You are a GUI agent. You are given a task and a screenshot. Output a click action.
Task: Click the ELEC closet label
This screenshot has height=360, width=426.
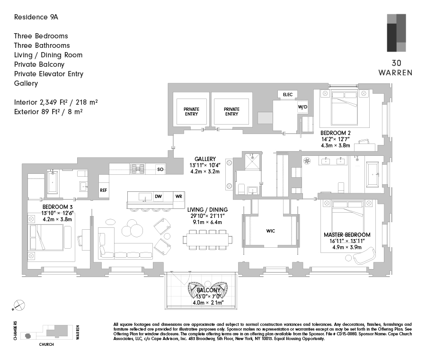(x=288, y=95)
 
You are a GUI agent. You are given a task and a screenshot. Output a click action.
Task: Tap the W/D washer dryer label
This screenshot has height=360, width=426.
(x=302, y=107)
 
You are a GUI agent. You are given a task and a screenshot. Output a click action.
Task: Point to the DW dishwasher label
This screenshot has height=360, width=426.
(x=158, y=196)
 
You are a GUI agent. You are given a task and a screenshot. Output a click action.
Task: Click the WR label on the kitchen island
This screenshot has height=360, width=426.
(x=179, y=196)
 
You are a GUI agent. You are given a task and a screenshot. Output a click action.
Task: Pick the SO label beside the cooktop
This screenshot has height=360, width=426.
(x=160, y=169)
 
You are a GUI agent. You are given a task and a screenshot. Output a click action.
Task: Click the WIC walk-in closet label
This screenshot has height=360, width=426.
(x=271, y=231)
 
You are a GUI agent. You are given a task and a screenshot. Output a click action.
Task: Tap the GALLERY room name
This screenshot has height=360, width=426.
(x=205, y=159)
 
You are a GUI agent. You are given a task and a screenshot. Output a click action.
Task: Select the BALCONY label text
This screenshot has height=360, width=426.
(x=208, y=290)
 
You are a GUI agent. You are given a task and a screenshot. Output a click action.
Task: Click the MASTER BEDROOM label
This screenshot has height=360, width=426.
(x=347, y=234)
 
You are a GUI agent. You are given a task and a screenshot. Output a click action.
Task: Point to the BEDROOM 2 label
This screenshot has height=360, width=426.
(x=336, y=133)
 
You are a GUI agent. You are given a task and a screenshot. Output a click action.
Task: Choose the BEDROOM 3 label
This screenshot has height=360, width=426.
(x=57, y=207)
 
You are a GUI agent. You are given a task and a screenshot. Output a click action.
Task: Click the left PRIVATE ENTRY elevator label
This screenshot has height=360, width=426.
(x=192, y=111)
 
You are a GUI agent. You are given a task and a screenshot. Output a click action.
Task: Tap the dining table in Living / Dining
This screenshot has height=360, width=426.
(x=208, y=240)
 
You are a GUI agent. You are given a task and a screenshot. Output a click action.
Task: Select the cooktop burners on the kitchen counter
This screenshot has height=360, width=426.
(x=137, y=169)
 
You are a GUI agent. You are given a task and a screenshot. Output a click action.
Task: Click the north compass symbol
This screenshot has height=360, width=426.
(x=19, y=306)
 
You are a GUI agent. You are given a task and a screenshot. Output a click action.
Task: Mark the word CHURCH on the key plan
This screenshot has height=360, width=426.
(x=46, y=344)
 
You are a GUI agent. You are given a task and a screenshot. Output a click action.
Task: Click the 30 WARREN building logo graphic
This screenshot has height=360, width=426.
(x=396, y=33)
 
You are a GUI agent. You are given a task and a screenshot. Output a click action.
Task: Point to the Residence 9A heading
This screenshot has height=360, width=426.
(x=36, y=17)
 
